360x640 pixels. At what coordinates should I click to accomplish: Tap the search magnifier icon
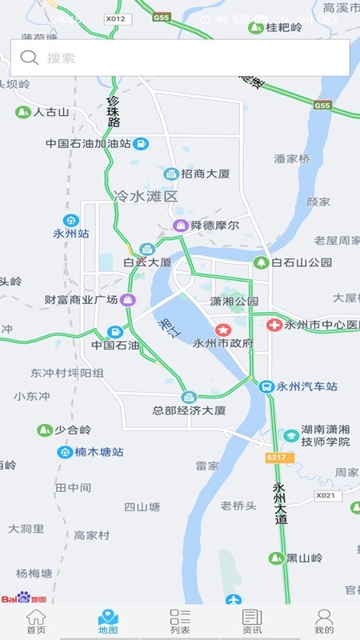click(30, 58)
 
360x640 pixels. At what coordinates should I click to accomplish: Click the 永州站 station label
click(71, 234)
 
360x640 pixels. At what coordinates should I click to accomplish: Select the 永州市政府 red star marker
click(223, 330)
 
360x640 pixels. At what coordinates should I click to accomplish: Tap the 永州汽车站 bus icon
click(266, 386)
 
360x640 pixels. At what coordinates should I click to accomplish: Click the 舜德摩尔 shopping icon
click(182, 226)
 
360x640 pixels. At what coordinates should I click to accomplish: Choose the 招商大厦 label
click(206, 174)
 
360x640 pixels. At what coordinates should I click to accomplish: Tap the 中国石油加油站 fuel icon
click(141, 144)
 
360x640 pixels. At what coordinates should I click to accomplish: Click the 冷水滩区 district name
click(146, 196)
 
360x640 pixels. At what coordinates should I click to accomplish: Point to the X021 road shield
click(326, 495)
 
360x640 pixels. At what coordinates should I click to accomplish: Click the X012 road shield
click(115, 18)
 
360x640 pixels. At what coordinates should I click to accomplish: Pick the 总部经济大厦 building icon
click(189, 397)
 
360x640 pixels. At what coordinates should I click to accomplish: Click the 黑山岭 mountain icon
click(277, 558)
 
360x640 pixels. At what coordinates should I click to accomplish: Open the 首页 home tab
click(36, 622)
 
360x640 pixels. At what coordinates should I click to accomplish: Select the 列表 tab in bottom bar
click(180, 622)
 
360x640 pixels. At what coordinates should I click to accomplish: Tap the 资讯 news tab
click(252, 622)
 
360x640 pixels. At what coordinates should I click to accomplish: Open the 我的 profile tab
click(324, 622)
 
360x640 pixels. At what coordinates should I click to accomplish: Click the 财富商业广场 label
click(82, 300)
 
